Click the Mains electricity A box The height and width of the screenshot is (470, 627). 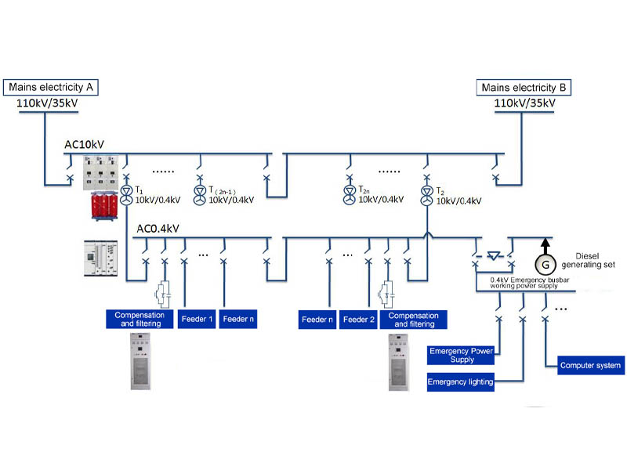[53, 87]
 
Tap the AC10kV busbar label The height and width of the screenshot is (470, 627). [85, 145]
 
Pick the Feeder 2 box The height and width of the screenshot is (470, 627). [359, 319]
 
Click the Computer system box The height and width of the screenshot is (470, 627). [591, 365]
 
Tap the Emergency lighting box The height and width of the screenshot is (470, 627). [460, 381]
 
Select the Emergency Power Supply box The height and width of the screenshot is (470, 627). [461, 356]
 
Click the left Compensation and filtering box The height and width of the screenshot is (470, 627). [138, 319]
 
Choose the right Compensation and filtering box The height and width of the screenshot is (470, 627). [412, 319]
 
